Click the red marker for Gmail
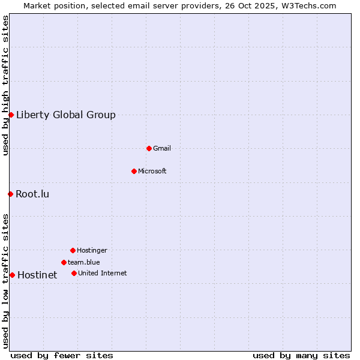pyautogui.click(x=149, y=148)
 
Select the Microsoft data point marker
pyautogui.click(x=134, y=171)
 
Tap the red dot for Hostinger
pyautogui.click(x=73, y=250)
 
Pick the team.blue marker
pyautogui.click(x=64, y=262)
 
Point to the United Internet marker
pyautogui.click(x=74, y=273)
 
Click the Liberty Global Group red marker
pyautogui.click(x=11, y=115)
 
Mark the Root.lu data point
pyautogui.click(x=10, y=194)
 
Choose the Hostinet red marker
pyautogui.click(x=12, y=275)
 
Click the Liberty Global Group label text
pyautogui.click(x=66, y=115)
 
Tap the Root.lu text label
pyautogui.click(x=32, y=194)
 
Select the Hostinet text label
pyautogui.click(x=37, y=275)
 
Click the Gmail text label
pyautogui.click(x=162, y=148)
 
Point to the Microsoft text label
pyautogui.click(x=152, y=171)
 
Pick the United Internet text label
pyautogui.click(x=103, y=273)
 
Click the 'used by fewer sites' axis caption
pyautogui.click(x=62, y=355)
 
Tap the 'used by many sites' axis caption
pyautogui.click(x=301, y=355)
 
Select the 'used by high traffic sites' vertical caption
pyautogui.click(x=5, y=85)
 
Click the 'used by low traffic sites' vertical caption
pyautogui.click(x=5, y=281)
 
